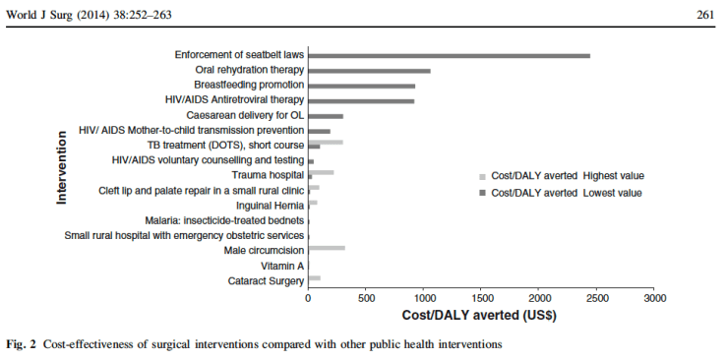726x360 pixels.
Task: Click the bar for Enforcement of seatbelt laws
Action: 449,56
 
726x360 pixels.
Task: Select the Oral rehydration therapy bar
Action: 369,71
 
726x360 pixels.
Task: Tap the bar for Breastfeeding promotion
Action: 361,86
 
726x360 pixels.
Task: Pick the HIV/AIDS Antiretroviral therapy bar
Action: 361,100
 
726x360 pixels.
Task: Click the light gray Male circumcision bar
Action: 327,248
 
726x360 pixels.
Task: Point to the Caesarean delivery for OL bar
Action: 326,116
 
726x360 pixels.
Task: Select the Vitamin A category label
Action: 282,266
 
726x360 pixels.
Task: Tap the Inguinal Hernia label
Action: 270,206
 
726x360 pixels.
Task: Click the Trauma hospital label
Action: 267,175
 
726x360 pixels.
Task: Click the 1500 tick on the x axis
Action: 481,297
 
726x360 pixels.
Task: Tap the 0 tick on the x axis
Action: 309,297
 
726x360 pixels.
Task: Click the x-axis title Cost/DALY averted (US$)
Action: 480,316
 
